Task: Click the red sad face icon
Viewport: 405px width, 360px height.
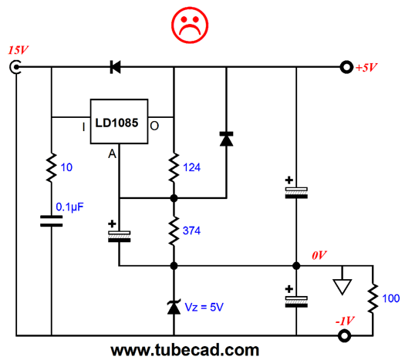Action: pos(190,25)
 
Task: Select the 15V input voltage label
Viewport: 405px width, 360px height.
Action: pos(18,50)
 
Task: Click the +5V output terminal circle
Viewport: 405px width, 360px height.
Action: pos(346,67)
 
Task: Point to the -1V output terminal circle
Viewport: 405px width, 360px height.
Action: pos(344,336)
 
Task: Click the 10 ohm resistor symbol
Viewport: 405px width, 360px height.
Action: pos(52,168)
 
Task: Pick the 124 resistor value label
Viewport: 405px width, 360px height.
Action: pos(191,167)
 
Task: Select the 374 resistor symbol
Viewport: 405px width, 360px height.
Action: pos(174,230)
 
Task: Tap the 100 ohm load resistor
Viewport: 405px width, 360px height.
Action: pos(373,298)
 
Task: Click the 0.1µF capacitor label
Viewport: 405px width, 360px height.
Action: pos(69,207)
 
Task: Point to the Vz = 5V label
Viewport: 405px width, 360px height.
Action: pos(204,307)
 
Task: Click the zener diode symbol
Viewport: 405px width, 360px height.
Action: pos(174,307)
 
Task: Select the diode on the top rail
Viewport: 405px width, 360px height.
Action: pos(115,67)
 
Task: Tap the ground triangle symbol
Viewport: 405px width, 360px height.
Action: pos(343,287)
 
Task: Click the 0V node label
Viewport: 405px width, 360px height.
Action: pos(319,255)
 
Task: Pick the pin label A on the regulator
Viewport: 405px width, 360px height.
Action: pos(112,154)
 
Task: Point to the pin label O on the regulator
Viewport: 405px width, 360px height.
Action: pos(154,126)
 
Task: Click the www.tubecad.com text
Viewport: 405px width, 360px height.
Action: pos(185,351)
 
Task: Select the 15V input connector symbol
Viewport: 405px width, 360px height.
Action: pos(15,67)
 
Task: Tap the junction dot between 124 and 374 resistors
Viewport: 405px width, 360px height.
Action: pos(174,198)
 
